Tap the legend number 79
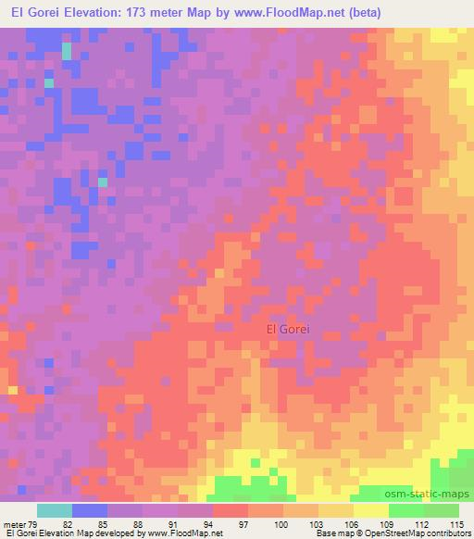tap(33, 524)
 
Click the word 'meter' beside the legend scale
tap(15, 524)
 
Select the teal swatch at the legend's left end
tap(55, 510)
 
